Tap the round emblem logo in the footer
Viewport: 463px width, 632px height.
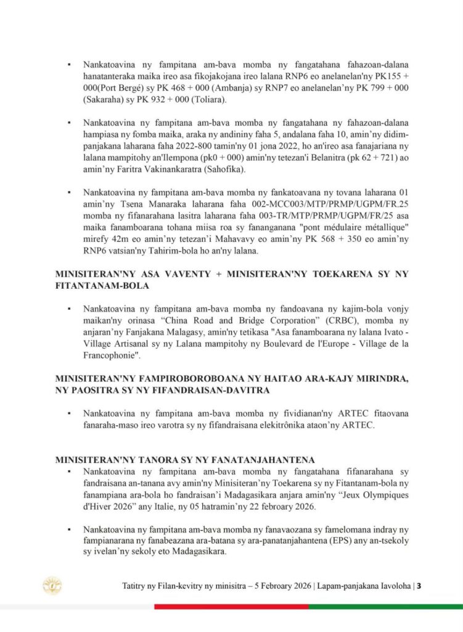tap(51, 585)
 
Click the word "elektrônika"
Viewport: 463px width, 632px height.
tap(251, 425)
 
